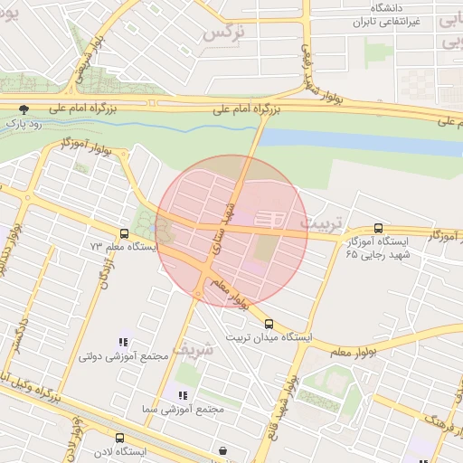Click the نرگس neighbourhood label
point(225,33)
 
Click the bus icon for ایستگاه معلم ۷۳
point(124,233)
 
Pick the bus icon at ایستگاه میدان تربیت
point(269,324)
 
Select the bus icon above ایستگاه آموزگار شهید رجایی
point(378,229)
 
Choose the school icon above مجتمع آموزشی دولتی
point(123,343)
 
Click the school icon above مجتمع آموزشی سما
point(183,395)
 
